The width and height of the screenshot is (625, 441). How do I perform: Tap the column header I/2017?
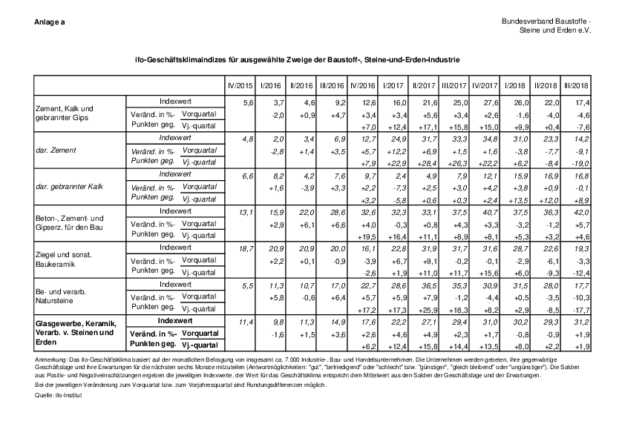point(395,87)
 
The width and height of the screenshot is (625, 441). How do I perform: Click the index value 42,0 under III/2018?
point(580,211)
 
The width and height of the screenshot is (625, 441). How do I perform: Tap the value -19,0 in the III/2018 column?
point(580,163)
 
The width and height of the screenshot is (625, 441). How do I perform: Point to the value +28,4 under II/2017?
point(425,163)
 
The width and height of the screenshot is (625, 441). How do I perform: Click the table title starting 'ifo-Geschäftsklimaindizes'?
point(293,57)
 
